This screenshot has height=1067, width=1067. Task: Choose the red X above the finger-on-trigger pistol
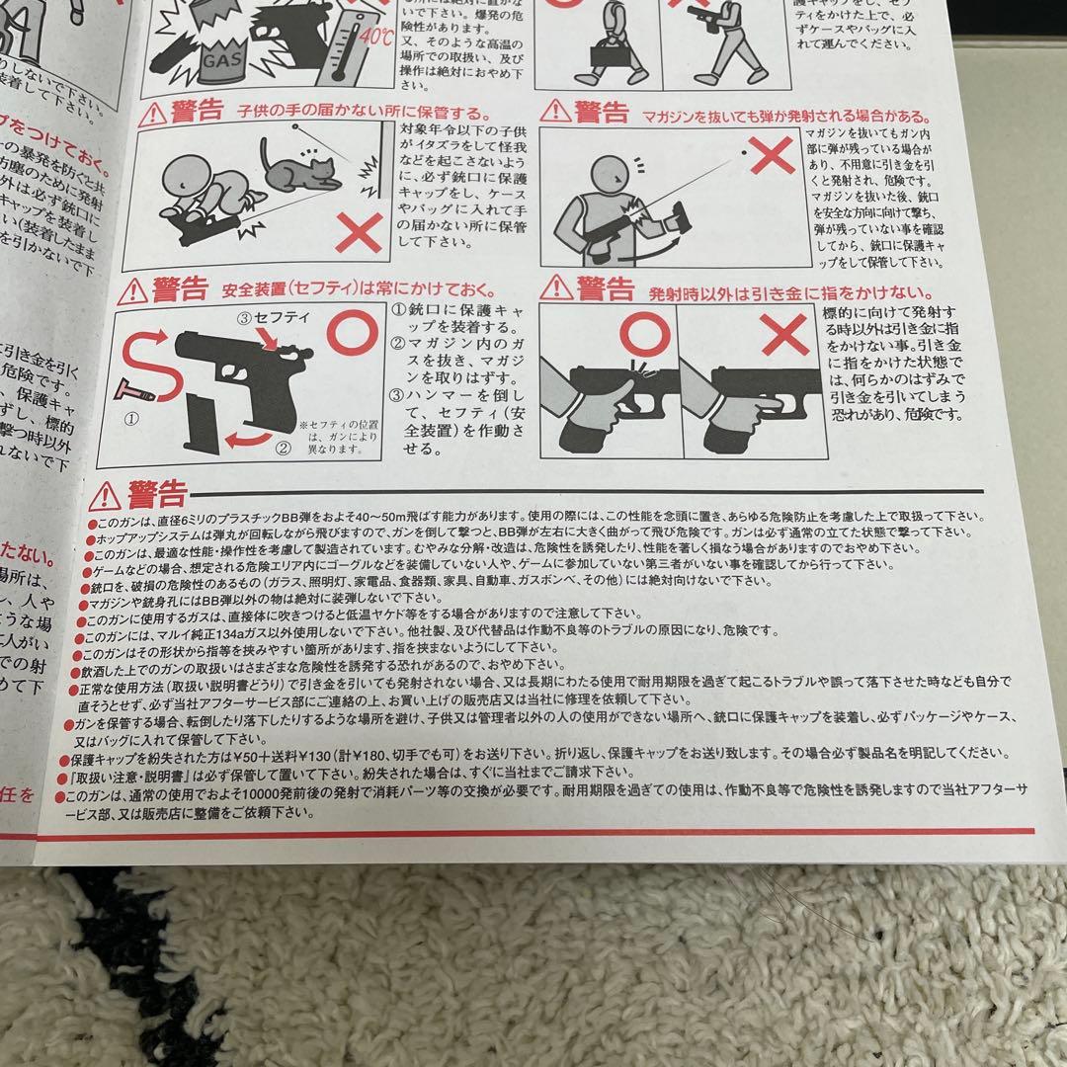tap(785, 338)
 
